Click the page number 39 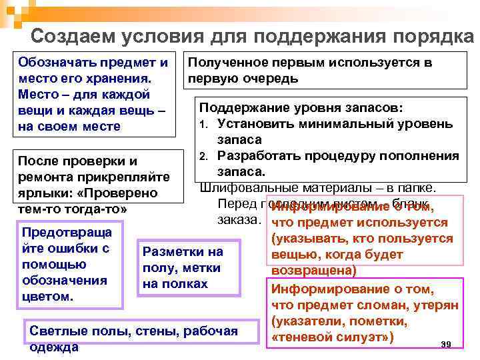(447, 344)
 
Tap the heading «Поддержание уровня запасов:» (301, 107)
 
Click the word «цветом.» (48, 295)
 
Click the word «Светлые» (54, 331)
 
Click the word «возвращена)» (313, 271)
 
